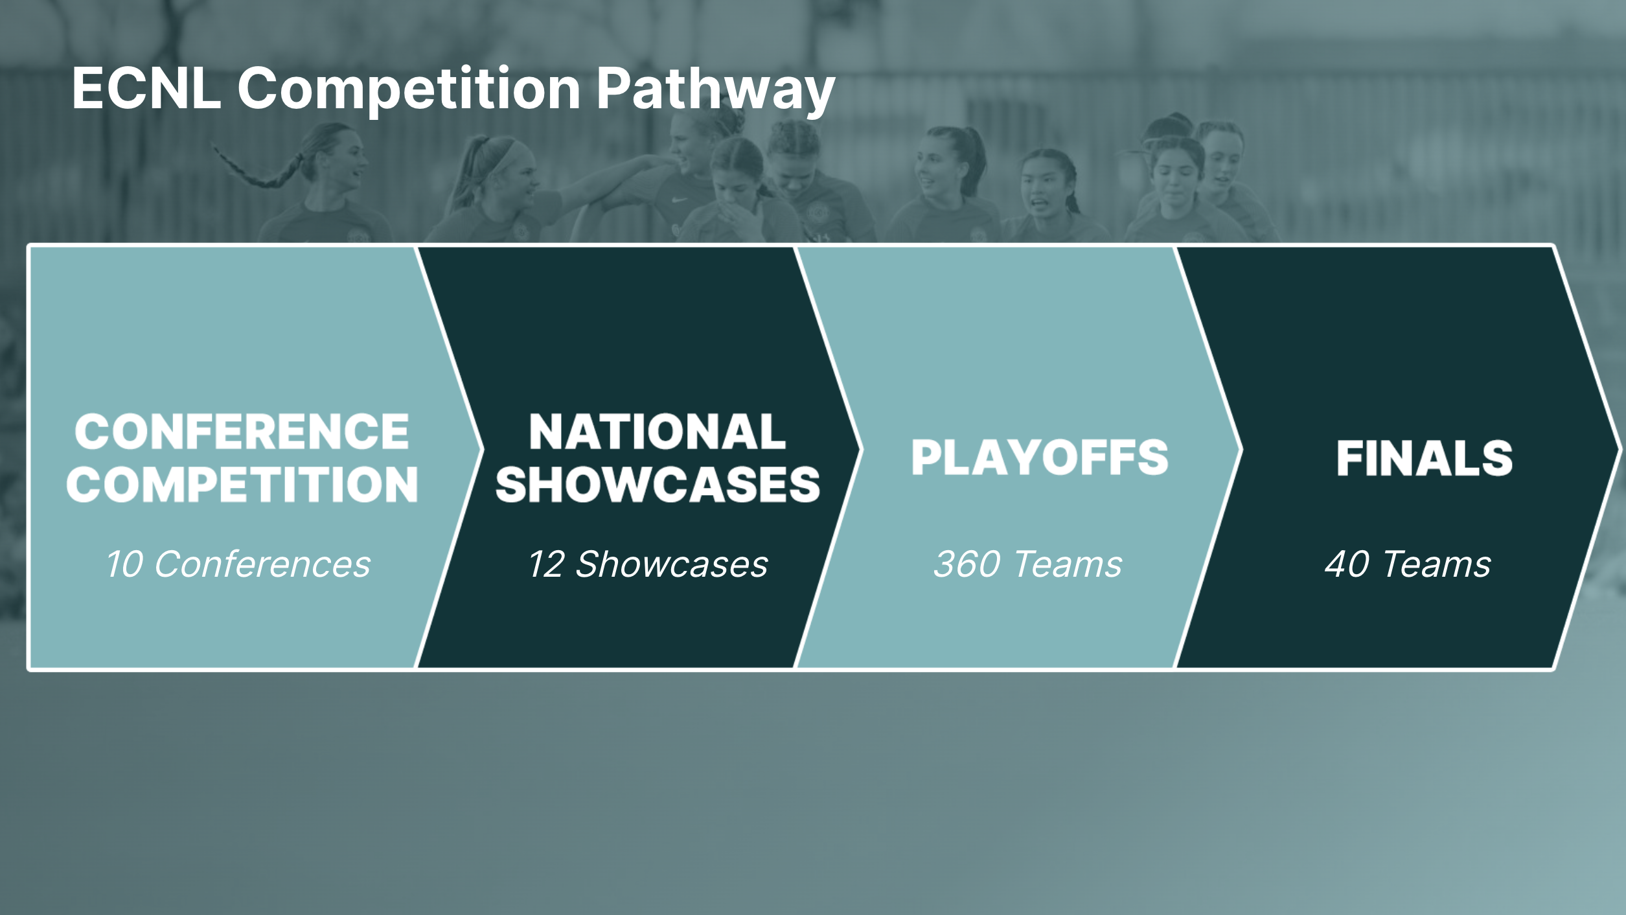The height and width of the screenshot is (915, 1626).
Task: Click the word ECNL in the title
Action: [x=146, y=88]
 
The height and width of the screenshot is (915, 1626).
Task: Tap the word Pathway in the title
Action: [x=716, y=91]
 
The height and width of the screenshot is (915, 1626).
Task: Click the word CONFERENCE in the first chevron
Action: [x=242, y=432]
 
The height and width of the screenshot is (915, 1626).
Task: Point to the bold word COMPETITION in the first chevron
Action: [x=242, y=484]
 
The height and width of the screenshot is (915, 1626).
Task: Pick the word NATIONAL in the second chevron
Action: [x=658, y=432]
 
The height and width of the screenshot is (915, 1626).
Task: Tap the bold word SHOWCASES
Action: [x=658, y=484]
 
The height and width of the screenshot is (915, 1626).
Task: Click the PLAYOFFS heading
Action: [x=1040, y=457]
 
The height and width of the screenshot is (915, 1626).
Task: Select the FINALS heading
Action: [x=1425, y=458]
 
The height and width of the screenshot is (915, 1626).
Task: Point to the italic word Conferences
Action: [x=262, y=564]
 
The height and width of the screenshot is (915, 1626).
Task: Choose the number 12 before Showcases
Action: [x=547, y=564]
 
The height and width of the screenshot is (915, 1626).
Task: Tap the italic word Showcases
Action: [x=672, y=564]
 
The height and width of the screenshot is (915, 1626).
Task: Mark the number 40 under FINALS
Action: [x=1347, y=564]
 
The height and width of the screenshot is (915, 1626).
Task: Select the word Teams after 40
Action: [x=1437, y=564]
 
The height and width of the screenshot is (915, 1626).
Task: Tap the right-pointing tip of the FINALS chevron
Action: [x=1621, y=449]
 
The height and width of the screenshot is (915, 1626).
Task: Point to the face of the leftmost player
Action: [x=347, y=160]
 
